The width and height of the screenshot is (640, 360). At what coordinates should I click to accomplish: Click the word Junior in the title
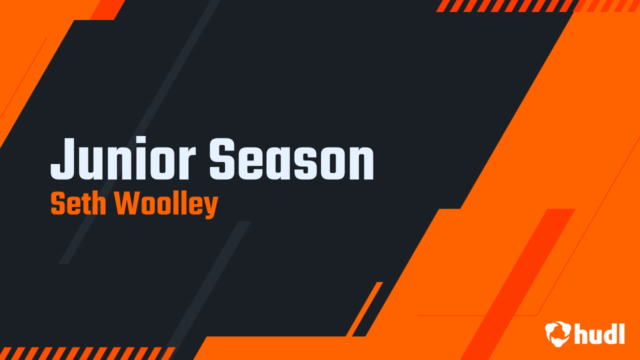click(x=123, y=158)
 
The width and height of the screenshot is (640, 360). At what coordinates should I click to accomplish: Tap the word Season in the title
click(x=291, y=159)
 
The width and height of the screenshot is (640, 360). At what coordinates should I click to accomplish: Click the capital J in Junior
click(x=63, y=159)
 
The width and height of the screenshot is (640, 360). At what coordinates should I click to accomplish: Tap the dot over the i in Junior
click(x=140, y=140)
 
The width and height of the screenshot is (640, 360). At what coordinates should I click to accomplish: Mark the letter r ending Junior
click(x=186, y=163)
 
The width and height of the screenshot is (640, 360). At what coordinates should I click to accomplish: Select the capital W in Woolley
click(x=128, y=203)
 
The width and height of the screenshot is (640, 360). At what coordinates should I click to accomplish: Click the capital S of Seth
click(x=57, y=203)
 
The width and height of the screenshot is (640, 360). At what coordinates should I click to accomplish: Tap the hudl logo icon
click(x=558, y=333)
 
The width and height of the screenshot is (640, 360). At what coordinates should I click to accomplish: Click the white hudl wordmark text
click(x=599, y=333)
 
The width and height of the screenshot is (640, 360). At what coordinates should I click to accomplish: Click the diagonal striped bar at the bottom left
click(x=87, y=353)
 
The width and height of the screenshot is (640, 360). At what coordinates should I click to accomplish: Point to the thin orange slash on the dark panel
click(x=364, y=309)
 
